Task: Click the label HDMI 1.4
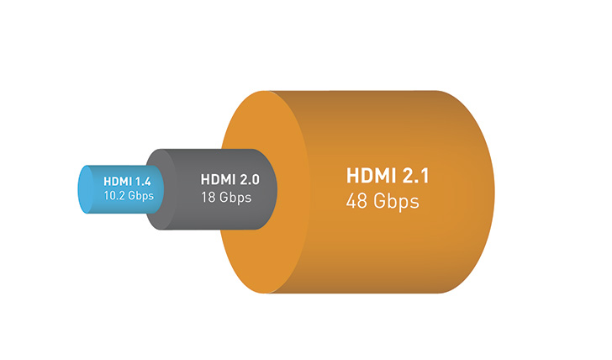[x=127, y=181]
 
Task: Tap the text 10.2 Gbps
[x=129, y=196]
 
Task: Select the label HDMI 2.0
[x=229, y=180]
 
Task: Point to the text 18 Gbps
[x=226, y=197]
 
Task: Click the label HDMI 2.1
[x=388, y=175]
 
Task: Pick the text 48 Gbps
[x=382, y=202]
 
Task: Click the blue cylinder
[x=117, y=189]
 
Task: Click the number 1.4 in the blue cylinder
[x=142, y=181]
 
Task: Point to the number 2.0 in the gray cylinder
[x=250, y=180]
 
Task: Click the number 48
[x=356, y=201]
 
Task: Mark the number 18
[x=208, y=197]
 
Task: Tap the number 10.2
[x=113, y=195]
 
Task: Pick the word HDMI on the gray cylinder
[x=219, y=180]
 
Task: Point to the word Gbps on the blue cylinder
[x=140, y=196]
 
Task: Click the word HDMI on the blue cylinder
[x=118, y=181]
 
